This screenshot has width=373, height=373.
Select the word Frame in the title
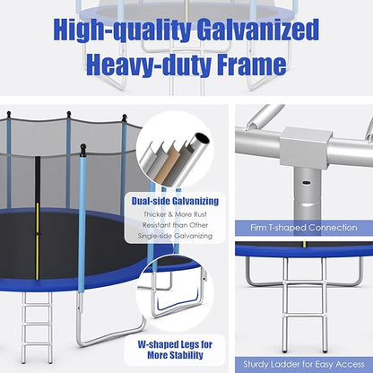click(x=255, y=64)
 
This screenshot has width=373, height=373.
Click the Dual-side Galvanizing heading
click(x=181, y=202)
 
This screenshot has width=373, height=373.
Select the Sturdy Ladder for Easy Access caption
click(x=304, y=364)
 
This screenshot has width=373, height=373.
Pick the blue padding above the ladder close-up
click(x=304, y=251)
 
